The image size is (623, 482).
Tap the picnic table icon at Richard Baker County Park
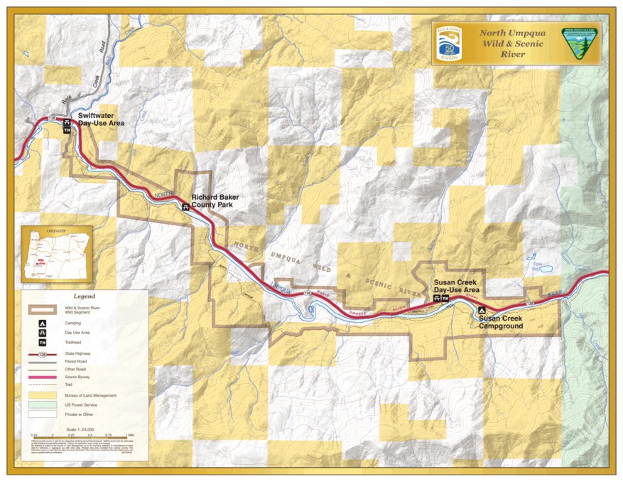[185, 207]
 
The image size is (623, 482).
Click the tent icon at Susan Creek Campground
[481, 310]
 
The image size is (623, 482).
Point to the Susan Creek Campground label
[500, 322]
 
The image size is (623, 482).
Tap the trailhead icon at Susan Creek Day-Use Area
[445, 298]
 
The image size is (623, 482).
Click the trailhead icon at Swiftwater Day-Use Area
[67, 131]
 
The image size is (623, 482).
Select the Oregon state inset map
[47, 255]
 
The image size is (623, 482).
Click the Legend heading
[84, 296]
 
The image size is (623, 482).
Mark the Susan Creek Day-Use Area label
[457, 286]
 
